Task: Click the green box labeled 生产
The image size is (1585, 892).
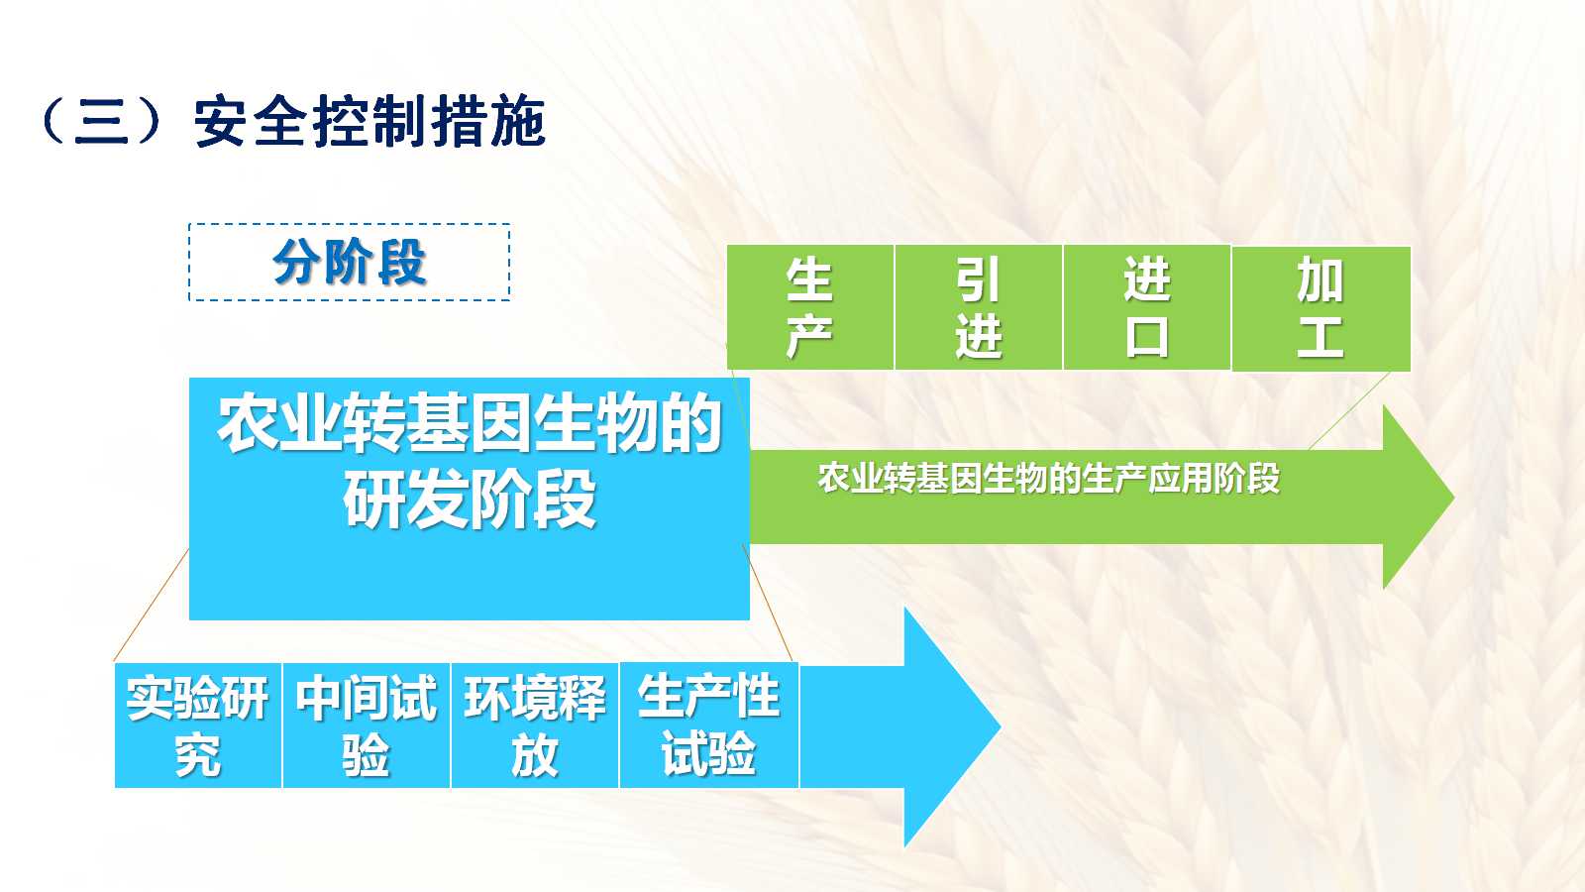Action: click(810, 307)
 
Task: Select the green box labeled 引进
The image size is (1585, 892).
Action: click(979, 307)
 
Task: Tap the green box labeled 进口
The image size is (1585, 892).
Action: click(1147, 307)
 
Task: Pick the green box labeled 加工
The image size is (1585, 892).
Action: click(1321, 308)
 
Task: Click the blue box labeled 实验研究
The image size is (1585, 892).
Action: click(198, 725)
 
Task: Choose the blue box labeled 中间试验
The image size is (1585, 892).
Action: click(367, 725)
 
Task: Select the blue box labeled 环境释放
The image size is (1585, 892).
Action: click(535, 725)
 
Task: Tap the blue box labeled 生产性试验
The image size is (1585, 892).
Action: click(709, 725)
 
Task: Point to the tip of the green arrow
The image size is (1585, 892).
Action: click(1454, 497)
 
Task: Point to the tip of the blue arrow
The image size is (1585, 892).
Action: click(1001, 725)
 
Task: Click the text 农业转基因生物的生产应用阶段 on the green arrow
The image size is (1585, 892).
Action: click(1049, 478)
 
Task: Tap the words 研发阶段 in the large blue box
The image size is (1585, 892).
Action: click(470, 500)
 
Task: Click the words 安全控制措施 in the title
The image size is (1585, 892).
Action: click(370, 122)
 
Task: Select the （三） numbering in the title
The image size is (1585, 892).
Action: click(102, 122)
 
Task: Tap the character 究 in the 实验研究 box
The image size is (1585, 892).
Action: click(198, 755)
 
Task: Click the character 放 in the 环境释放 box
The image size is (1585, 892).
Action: click(535, 755)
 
